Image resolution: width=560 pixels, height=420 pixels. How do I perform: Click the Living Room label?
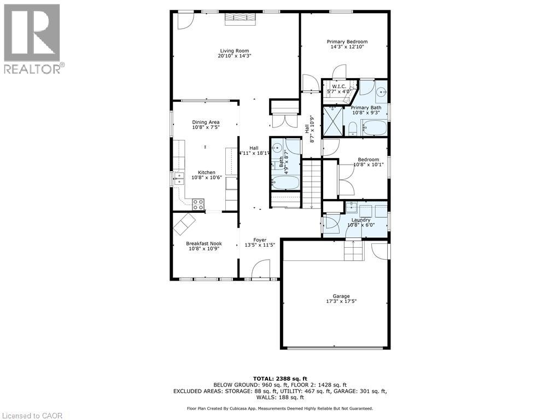click(x=234, y=51)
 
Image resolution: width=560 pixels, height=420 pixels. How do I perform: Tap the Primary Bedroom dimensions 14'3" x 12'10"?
click(x=347, y=46)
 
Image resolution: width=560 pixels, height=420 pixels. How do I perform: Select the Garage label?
click(x=341, y=296)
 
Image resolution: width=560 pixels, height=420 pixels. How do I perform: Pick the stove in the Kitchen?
click(x=198, y=204)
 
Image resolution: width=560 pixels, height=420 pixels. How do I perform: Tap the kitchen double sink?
click(x=179, y=179)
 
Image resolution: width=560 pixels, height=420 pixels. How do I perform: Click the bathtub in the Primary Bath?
click(x=374, y=128)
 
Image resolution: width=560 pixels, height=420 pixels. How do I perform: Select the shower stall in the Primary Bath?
click(x=332, y=121)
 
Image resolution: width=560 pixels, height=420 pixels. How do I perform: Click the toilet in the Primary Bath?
click(x=352, y=129)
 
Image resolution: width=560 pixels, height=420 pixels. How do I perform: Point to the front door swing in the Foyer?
click(x=261, y=269)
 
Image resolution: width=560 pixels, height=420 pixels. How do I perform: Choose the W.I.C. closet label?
click(x=339, y=86)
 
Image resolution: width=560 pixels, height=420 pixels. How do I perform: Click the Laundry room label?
click(x=361, y=220)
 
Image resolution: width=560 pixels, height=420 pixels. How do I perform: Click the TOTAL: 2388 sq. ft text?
click(x=280, y=378)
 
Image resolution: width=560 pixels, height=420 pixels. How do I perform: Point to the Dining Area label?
click(x=206, y=122)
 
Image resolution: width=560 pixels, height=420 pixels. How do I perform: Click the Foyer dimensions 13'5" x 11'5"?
click(x=260, y=246)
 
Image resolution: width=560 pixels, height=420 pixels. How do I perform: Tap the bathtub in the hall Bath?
click(x=285, y=183)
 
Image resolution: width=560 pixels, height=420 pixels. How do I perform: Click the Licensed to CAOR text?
click(x=31, y=416)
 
